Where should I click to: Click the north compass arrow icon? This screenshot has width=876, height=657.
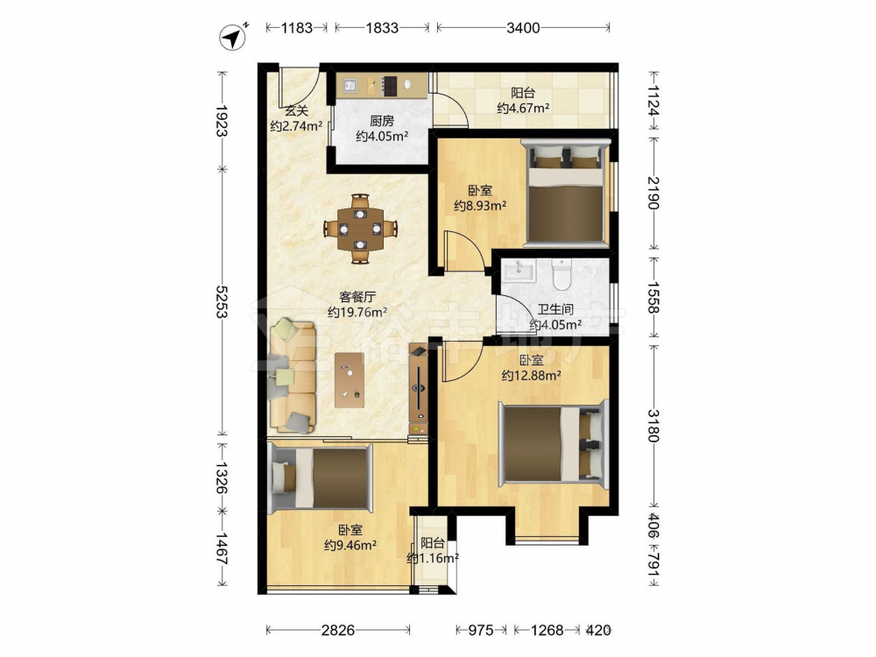(233, 38)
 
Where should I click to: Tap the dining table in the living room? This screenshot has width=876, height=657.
(360, 229)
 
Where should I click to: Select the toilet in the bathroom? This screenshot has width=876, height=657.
(561, 273)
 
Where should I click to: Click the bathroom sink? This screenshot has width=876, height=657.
(519, 272)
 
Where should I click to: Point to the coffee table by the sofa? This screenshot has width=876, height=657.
(350, 380)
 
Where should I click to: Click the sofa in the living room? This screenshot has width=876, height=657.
(293, 376)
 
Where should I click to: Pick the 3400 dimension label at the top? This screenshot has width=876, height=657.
(523, 27)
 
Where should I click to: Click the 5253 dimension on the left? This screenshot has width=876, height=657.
(222, 301)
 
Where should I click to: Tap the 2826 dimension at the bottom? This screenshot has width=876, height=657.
(338, 630)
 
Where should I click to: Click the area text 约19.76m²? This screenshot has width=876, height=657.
(357, 313)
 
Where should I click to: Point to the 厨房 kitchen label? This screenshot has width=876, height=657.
(382, 121)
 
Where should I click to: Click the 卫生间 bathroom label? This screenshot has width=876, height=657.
(555, 309)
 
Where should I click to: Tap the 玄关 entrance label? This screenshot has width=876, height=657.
(296, 110)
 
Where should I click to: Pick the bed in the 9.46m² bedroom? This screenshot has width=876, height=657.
(320, 479)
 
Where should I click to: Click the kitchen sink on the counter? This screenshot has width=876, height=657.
(350, 86)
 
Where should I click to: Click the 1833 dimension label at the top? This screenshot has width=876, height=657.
(382, 27)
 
